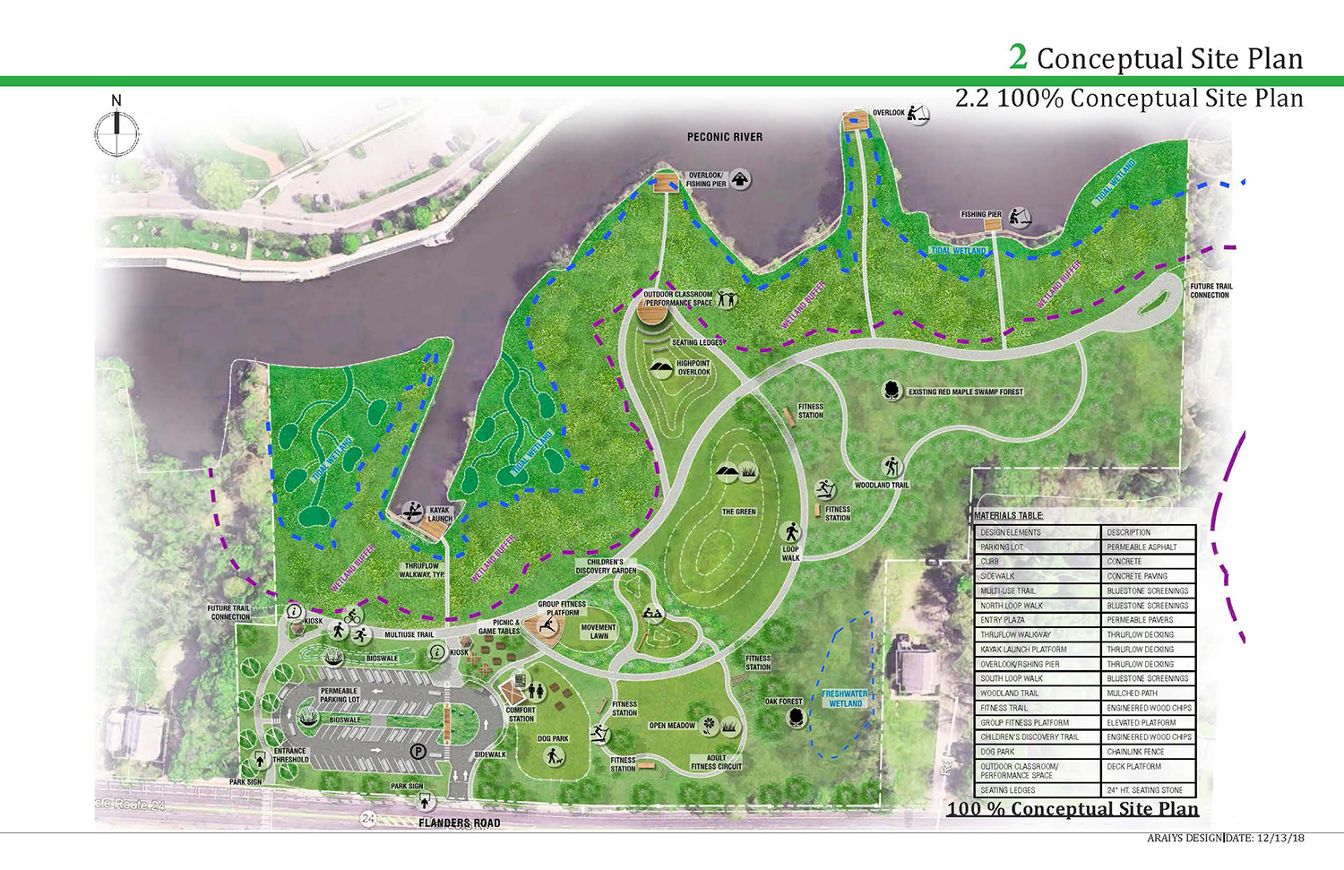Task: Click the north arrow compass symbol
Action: point(116,132)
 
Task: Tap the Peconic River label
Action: point(724,137)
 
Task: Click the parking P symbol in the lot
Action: point(418,752)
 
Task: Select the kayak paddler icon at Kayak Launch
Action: point(412,512)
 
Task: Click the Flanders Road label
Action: point(460,823)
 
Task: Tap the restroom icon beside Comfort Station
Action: point(536,691)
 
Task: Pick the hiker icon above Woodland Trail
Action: point(892,467)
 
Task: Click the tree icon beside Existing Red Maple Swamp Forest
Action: point(892,391)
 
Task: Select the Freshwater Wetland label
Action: point(845,699)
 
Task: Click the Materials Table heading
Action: point(1008,516)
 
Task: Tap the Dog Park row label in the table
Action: point(997,752)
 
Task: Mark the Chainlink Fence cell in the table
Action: point(1135,752)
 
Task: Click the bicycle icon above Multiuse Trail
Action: point(353,616)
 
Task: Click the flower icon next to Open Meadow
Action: point(708,724)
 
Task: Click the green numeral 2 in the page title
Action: point(1018,57)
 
